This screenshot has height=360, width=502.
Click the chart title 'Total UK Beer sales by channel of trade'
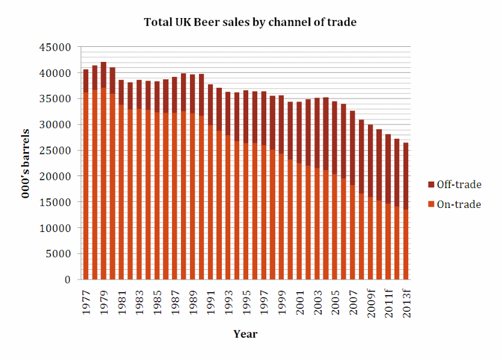pyautogui.click(x=250, y=23)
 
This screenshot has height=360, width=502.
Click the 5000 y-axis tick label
pyautogui.click(x=61, y=254)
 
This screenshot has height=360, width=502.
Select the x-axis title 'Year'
pyautogui.click(x=245, y=334)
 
